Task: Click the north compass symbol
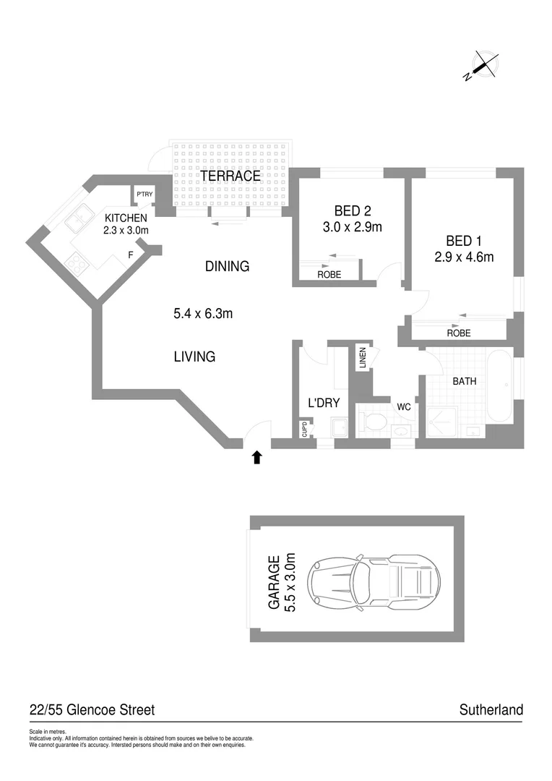pos(482,65)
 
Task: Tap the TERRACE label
pos(230,176)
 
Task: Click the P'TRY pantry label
pos(145,194)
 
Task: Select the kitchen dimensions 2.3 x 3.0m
pos(126,230)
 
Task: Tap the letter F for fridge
pos(131,255)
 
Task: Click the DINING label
pos(227,266)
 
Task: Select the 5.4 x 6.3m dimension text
pos(202,313)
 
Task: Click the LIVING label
pos(194,356)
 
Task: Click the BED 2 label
pos(352,211)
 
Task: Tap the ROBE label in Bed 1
pos(458,333)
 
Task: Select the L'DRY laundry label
pos(324,404)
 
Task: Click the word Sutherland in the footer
pos(491,710)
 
